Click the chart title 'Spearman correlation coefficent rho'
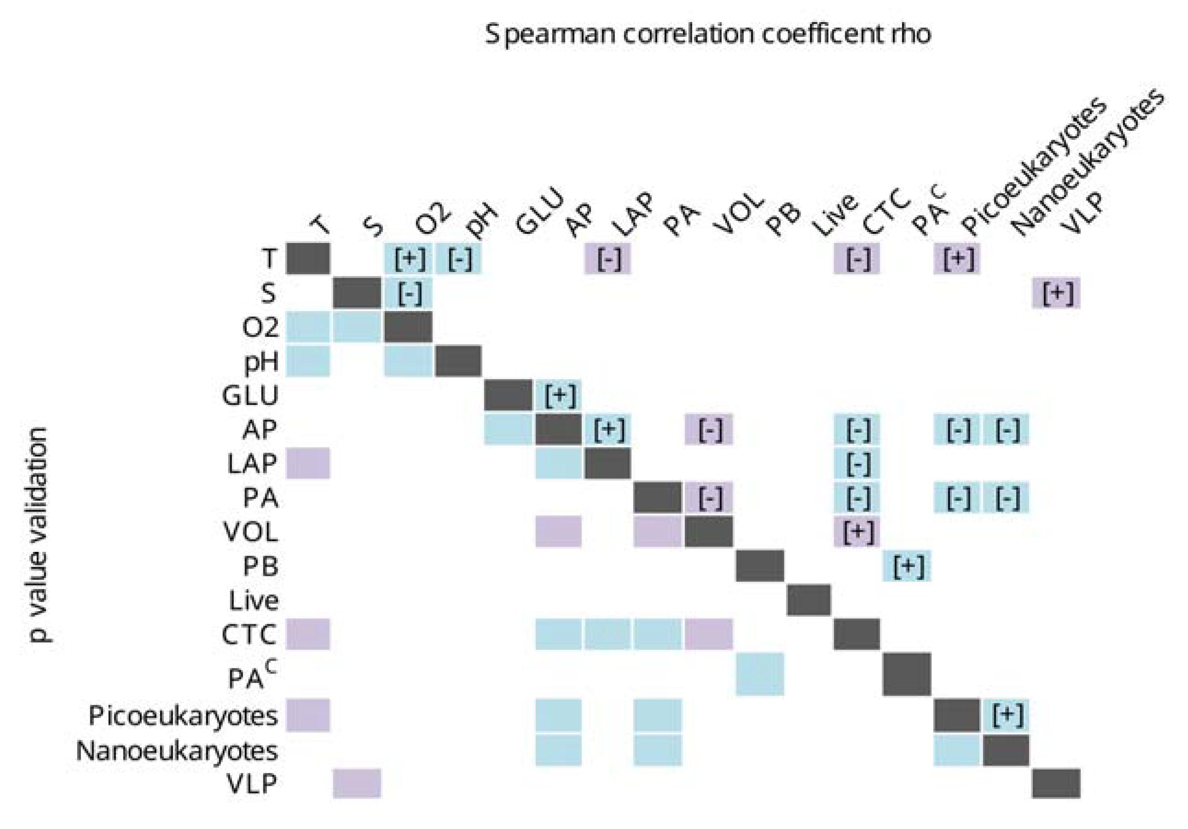tap(707, 35)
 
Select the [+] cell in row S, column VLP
tap(1056, 293)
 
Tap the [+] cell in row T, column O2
tap(409, 258)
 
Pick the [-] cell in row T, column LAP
tap(608, 258)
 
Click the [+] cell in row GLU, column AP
tap(559, 395)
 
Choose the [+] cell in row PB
tap(907, 566)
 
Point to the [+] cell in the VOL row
tap(857, 532)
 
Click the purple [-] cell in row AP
tap(709, 429)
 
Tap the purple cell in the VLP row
tap(357, 783)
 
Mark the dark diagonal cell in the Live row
tap(809, 600)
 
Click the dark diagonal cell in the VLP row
tap(1056, 783)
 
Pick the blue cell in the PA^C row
tap(759, 674)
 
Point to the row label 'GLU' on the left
tap(250, 396)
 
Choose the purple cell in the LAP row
tap(308, 463)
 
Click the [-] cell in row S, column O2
tap(409, 293)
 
